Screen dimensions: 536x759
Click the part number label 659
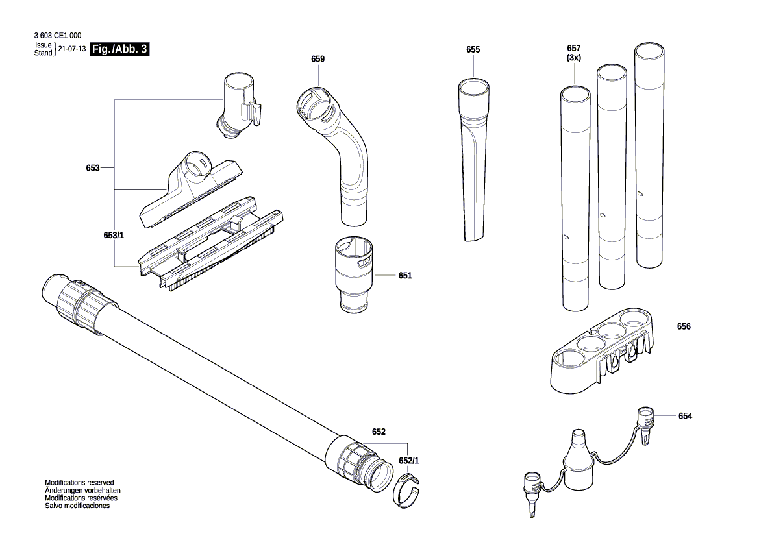317,59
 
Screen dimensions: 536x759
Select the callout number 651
405,276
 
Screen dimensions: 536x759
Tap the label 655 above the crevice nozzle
473,50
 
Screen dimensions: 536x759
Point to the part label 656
684,327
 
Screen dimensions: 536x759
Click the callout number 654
685,416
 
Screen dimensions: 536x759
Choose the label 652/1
409,461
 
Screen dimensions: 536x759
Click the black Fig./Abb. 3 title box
121,49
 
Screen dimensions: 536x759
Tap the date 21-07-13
72,49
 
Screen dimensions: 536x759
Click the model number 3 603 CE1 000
56,36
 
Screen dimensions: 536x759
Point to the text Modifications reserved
79,483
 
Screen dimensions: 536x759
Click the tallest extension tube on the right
650,156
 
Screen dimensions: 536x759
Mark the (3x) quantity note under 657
573,58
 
